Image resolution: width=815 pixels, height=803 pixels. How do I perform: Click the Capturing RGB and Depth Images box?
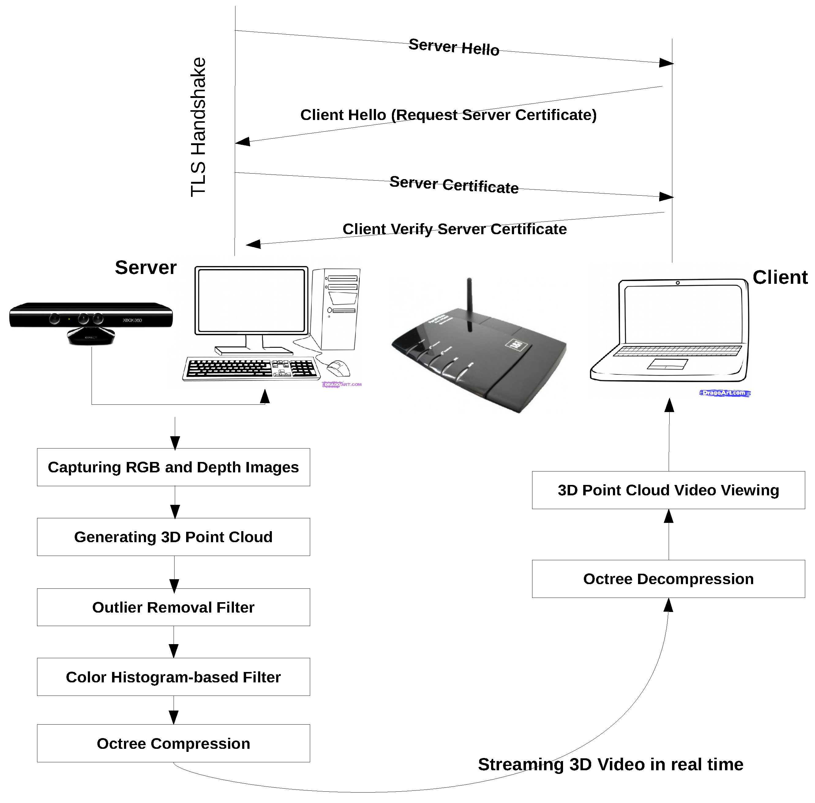pos(173,467)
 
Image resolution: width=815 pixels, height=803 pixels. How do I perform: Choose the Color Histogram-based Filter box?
pos(173,677)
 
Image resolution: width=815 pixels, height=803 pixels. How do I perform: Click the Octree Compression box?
pos(173,743)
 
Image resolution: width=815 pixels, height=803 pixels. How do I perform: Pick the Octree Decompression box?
pos(668,579)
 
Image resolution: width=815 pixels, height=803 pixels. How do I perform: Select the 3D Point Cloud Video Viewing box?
pos(668,490)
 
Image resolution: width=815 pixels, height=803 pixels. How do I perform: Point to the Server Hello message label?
pos(454,47)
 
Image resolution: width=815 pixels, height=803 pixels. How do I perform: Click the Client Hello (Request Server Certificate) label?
pos(449,115)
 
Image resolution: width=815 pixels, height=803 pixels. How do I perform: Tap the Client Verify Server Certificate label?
pos(455,229)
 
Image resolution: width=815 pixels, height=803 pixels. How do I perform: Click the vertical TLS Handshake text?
pos(198,127)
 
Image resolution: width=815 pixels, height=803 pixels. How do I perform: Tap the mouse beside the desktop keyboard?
pos(339,368)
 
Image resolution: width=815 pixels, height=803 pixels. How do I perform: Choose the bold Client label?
pos(780,277)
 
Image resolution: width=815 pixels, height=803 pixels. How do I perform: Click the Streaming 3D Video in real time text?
pos(610,764)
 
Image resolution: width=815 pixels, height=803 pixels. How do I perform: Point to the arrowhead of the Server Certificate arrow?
pos(667,197)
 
